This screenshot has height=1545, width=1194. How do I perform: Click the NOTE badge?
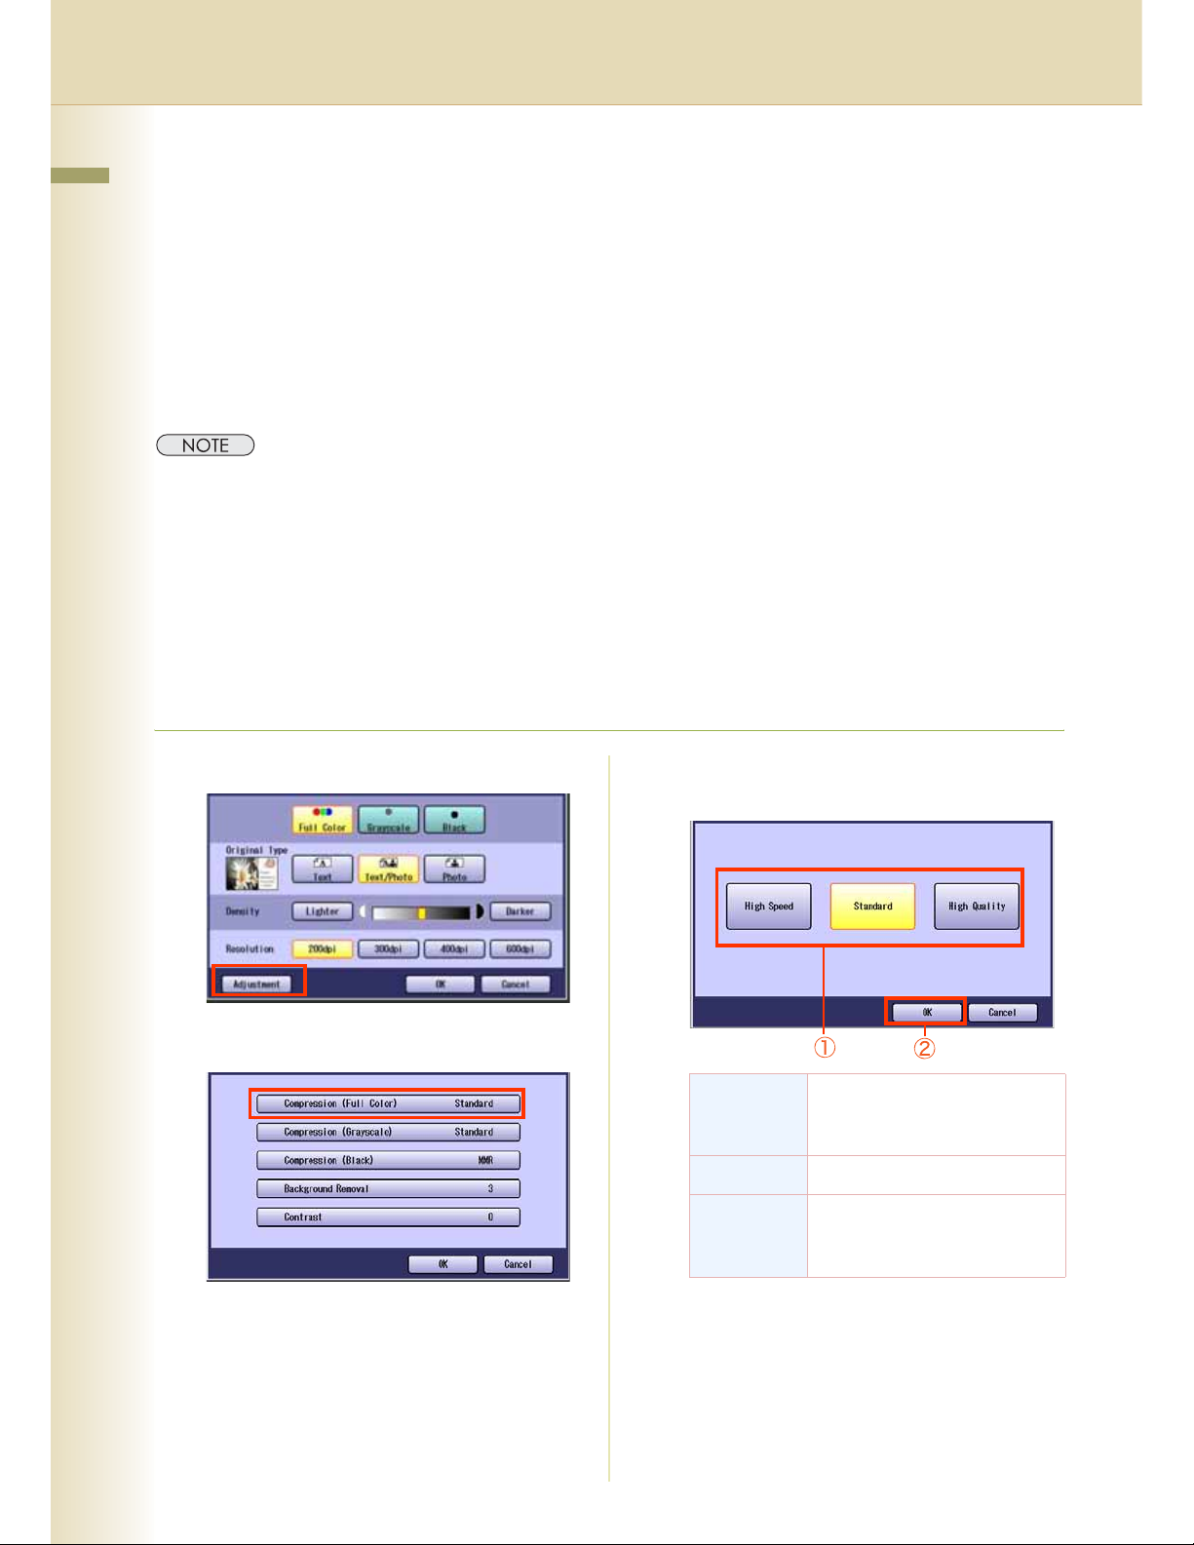[206, 445]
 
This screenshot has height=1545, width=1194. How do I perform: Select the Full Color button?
[322, 820]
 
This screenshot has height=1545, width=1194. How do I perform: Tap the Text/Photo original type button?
[388, 869]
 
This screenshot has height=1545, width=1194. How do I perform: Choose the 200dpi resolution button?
[322, 948]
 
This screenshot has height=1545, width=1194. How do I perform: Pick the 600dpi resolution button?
[520, 948]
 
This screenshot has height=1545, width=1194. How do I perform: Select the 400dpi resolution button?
[454, 948]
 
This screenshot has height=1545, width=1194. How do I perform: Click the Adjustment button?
[256, 984]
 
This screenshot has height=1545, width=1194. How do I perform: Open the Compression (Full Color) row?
[388, 1103]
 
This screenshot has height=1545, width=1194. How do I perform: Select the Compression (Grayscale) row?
[388, 1132]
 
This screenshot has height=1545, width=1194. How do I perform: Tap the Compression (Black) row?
[388, 1160]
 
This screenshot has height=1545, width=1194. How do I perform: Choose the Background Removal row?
[388, 1188]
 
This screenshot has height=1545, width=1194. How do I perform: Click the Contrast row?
[388, 1217]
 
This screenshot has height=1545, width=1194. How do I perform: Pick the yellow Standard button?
[872, 907]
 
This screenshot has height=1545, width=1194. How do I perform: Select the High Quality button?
[977, 907]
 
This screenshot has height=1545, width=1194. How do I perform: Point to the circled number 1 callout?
[825, 1048]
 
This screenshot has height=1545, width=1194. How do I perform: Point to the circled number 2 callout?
[924, 1048]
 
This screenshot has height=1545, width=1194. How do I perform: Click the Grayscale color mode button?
[388, 820]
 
